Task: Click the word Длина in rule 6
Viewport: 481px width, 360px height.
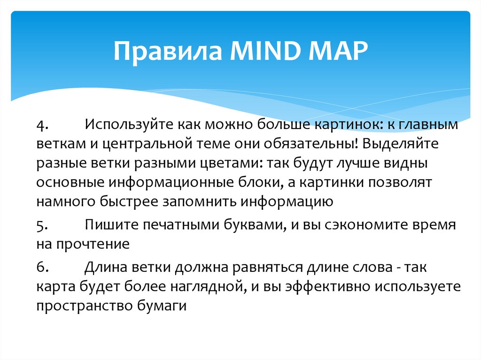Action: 106,267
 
